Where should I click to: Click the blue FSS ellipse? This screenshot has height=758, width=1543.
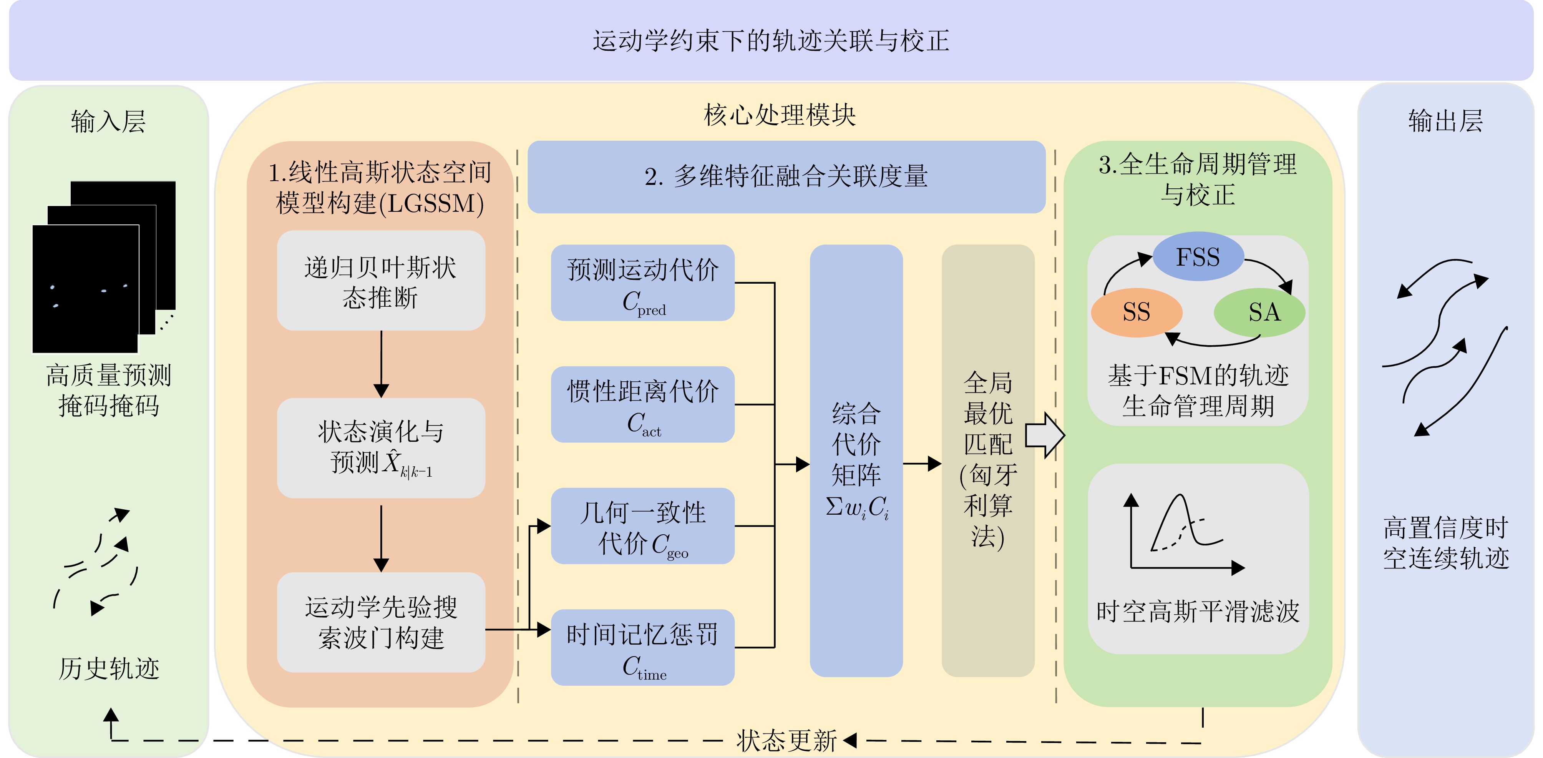[x=1198, y=256]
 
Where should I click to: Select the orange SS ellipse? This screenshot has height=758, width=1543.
[x=1136, y=312]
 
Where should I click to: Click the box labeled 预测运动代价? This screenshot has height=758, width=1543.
[x=643, y=283]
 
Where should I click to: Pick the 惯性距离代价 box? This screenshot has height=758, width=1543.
[x=643, y=404]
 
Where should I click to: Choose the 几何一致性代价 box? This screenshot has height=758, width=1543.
[x=643, y=526]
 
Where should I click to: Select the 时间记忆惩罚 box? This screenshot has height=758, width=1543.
[x=643, y=648]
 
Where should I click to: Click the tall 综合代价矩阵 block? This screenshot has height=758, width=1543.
[x=856, y=460]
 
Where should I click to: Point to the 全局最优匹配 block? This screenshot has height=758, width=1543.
[x=988, y=460]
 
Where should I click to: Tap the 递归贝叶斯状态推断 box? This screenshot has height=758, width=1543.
[x=381, y=281]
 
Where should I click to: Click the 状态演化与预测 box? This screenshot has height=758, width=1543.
[x=381, y=448]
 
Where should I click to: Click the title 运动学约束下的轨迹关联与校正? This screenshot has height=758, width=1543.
[x=771, y=41]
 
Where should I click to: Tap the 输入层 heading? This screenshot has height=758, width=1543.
[x=108, y=121]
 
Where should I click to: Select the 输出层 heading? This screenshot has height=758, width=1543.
[x=1445, y=121]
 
